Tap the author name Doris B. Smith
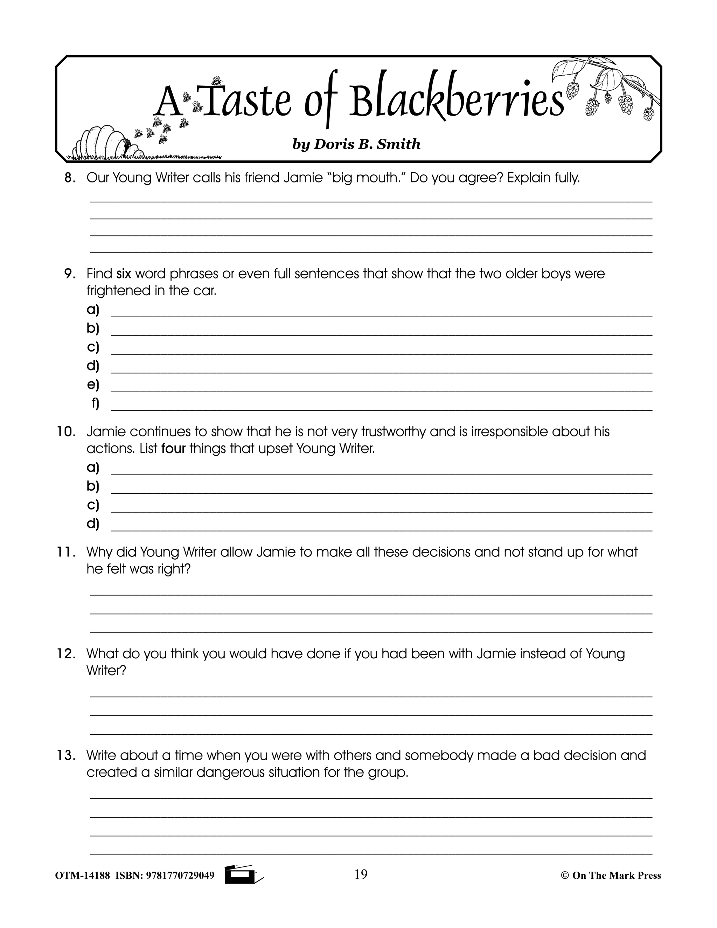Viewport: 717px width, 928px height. pos(356,145)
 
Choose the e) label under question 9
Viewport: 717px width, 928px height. pos(92,384)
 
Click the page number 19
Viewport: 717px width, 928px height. pos(360,874)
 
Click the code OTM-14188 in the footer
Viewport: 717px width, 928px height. pos(83,876)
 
